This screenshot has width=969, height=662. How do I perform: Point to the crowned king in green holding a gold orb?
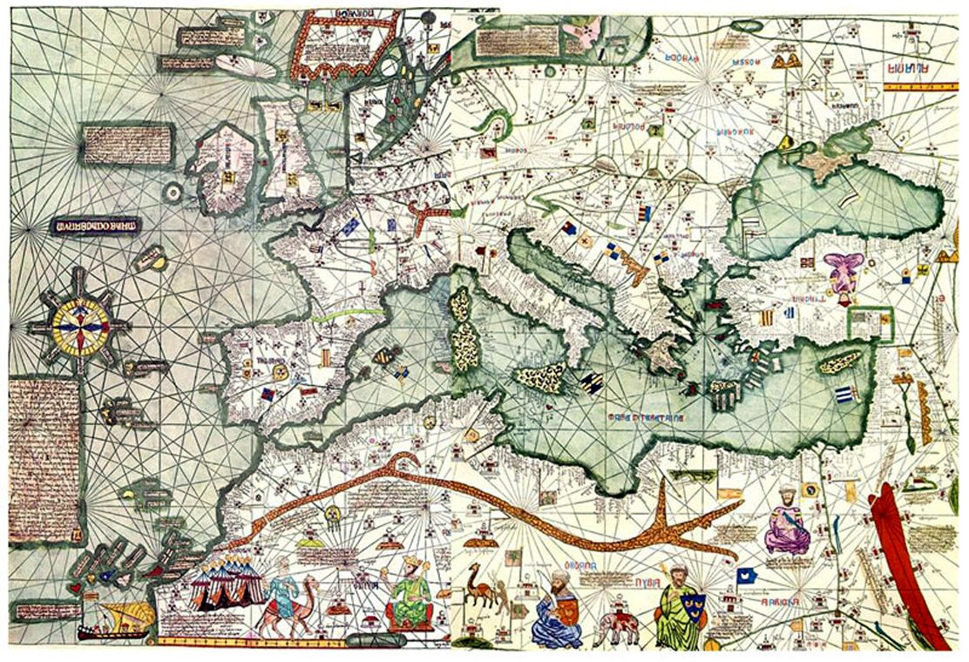point(410,594)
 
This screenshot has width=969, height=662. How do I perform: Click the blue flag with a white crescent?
point(745,576)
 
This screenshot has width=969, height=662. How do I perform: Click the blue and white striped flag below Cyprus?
point(844,395)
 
